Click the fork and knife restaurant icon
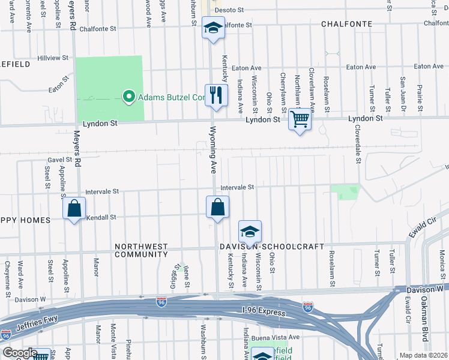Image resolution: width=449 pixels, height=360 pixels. (216, 95)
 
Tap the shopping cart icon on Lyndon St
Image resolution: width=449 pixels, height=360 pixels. (300, 118)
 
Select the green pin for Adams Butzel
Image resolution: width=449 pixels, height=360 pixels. (128, 97)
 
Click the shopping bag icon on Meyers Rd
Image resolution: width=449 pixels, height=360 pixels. (74, 209)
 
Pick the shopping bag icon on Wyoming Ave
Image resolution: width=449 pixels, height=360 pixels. (217, 207)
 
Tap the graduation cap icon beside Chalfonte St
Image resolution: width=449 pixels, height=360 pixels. (212, 28)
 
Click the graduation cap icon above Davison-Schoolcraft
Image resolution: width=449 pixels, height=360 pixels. (250, 232)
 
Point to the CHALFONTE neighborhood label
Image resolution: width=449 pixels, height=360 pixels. (346, 24)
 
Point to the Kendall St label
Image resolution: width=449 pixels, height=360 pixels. (100, 217)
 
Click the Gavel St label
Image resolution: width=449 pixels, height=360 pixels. (59, 160)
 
